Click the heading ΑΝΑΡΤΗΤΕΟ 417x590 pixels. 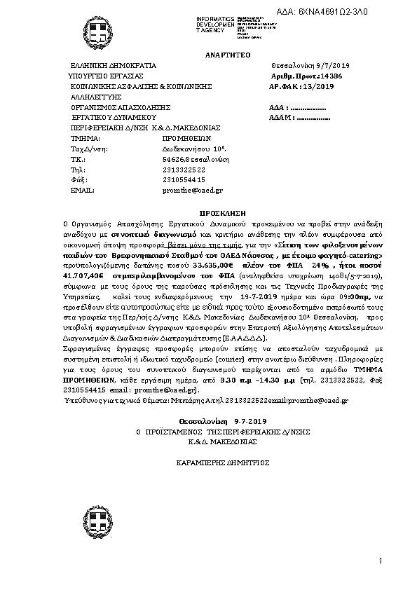pos(226,54)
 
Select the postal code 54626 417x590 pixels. pos(173,159)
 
